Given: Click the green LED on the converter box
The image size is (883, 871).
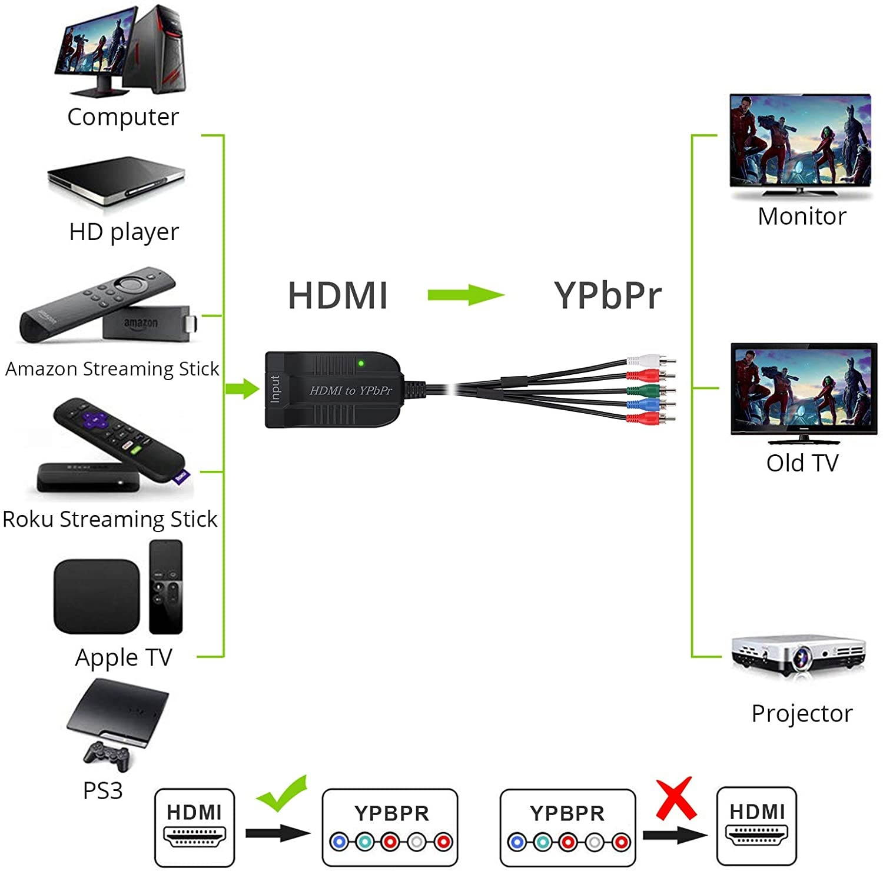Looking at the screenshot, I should tap(361, 363).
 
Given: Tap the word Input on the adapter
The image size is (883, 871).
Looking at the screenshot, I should tap(275, 389).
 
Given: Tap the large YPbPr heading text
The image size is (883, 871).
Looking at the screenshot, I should tap(608, 295).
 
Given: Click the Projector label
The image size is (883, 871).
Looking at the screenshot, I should tap(802, 713).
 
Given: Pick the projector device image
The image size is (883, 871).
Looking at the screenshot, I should tap(798, 657).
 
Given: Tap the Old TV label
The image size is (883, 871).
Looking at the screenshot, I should tap(802, 463).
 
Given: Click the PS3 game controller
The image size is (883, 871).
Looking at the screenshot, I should tap(107, 755).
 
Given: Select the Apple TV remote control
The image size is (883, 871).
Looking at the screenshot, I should tap(165, 586).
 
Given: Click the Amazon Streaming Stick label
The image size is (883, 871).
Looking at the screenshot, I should tap(112, 369).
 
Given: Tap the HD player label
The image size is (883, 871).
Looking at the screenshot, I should tap(124, 232).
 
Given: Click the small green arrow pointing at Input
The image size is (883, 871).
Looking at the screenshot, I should tap(243, 388).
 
